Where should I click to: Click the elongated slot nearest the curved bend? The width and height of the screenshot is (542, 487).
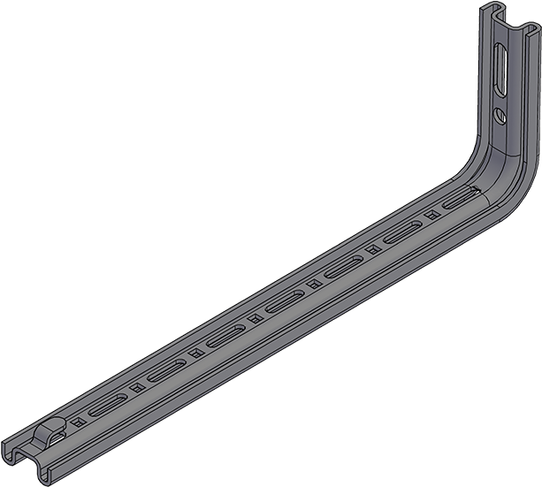(454, 201)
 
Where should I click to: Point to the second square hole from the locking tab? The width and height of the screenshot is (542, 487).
(136, 386)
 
